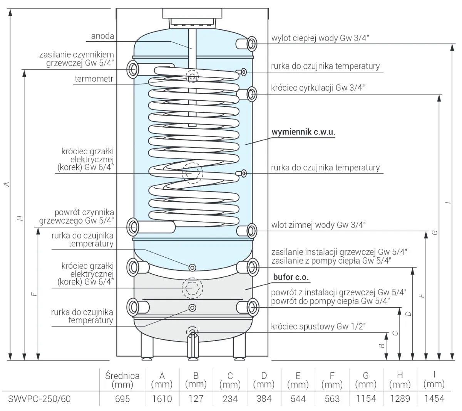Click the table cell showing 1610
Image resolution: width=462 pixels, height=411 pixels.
162,398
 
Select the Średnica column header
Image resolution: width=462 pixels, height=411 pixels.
122,379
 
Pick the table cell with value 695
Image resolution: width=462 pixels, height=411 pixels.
122,398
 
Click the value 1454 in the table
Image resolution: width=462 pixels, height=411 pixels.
434,398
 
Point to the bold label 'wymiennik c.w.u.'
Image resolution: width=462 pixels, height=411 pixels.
303,131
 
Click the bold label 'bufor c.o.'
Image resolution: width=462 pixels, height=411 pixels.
291,277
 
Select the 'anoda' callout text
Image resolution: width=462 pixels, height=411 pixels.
102,36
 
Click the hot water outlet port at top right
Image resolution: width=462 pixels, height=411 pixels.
252,44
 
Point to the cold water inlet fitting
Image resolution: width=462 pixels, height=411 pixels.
252,231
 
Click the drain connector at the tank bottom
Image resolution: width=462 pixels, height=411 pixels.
192,332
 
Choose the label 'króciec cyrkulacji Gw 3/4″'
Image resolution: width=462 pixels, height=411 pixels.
318,88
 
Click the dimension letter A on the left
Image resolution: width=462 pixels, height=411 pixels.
7,185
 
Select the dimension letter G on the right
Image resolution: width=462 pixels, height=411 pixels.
435,232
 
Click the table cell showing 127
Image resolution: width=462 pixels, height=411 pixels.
196,398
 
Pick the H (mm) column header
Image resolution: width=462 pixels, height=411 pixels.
400,379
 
